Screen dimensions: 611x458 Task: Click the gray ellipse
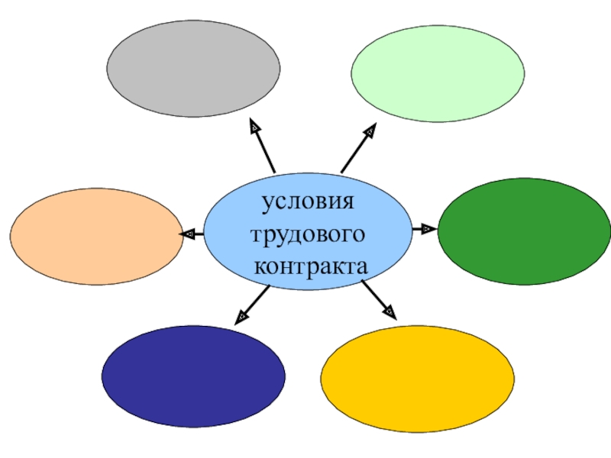(193, 69)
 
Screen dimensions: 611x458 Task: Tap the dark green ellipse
(524, 231)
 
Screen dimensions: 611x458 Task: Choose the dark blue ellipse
(193, 376)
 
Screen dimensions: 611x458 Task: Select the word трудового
(309, 235)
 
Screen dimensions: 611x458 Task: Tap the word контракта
(311, 267)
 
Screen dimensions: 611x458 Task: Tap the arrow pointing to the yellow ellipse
(380, 300)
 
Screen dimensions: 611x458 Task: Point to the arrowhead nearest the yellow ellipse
(390, 311)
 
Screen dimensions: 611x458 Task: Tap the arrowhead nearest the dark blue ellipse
(241, 314)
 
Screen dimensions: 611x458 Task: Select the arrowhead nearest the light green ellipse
(370, 131)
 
